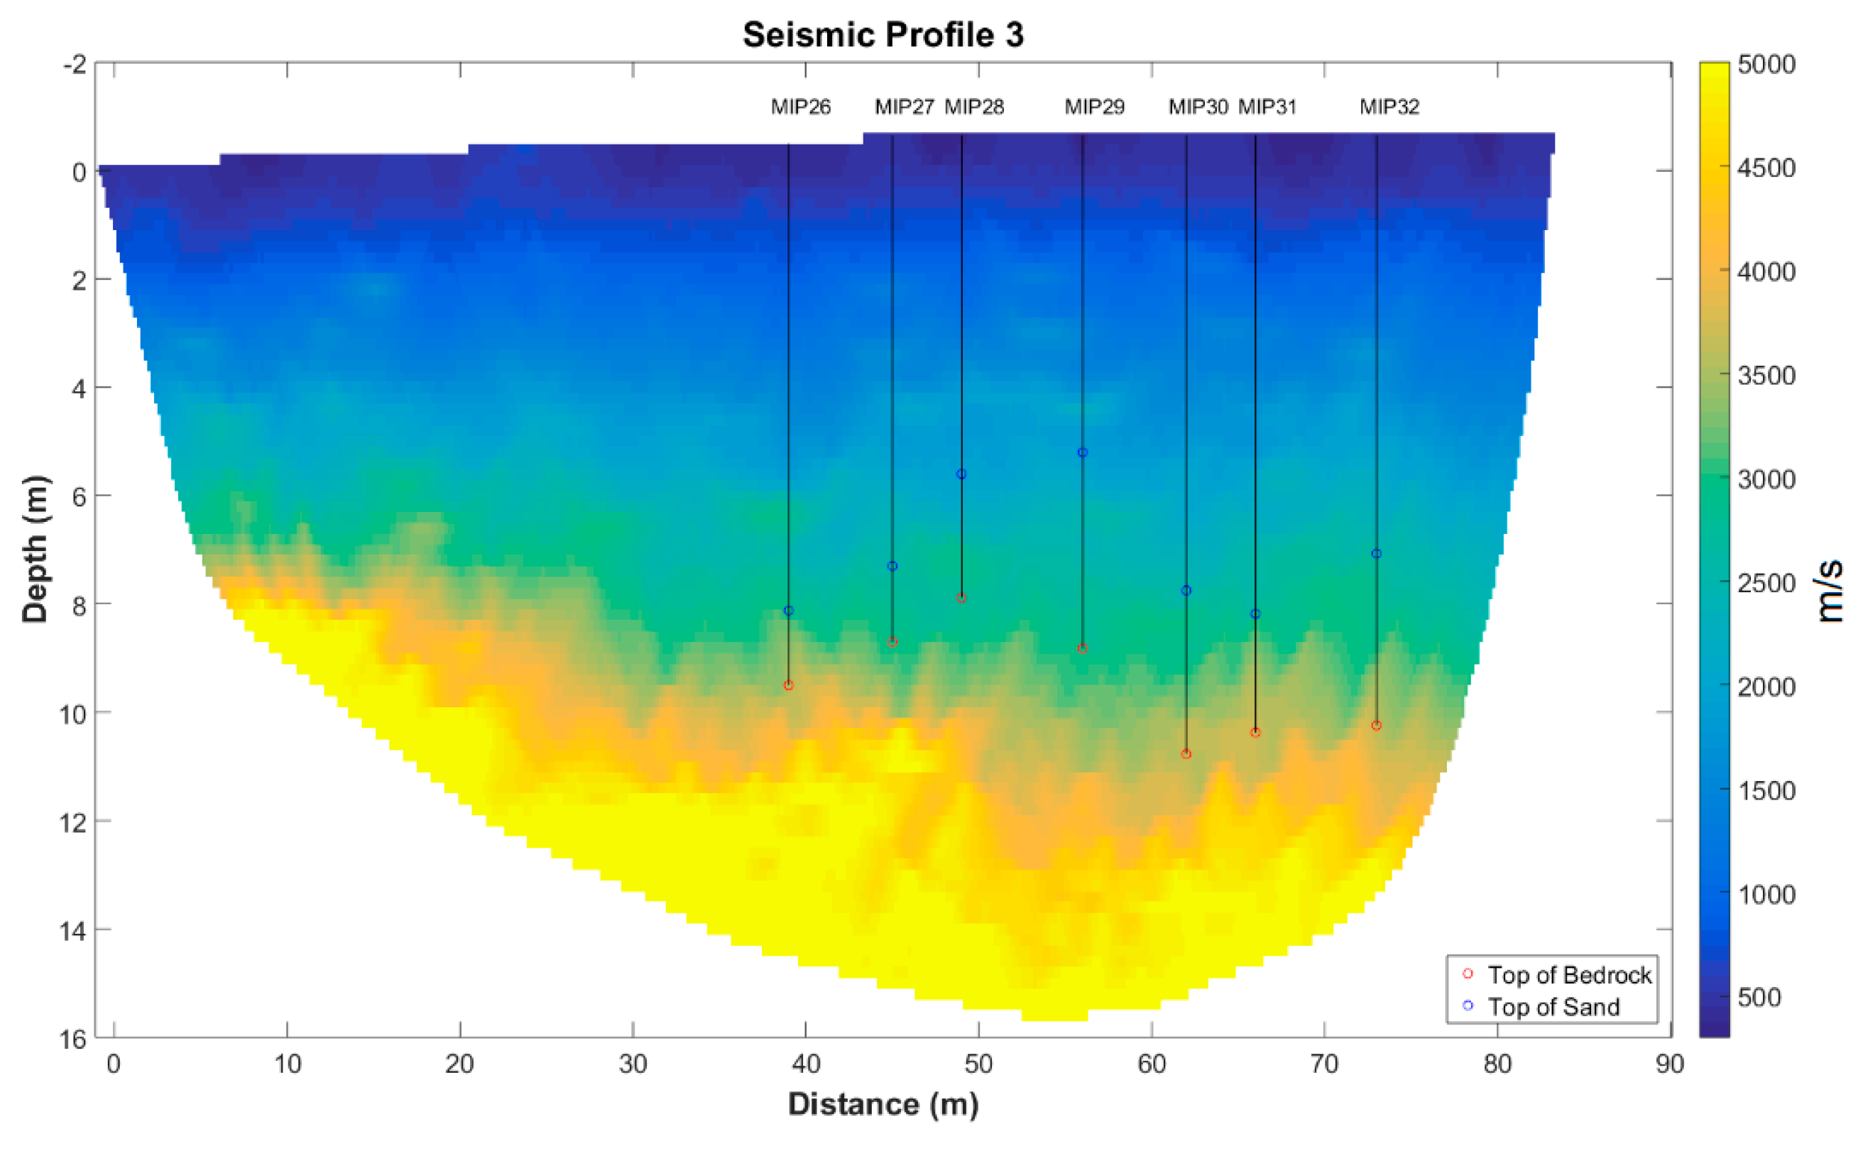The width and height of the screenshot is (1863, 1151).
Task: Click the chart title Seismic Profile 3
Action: point(883,35)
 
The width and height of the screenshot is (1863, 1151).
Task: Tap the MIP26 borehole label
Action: point(801,107)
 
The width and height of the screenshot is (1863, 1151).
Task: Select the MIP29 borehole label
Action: point(1093,107)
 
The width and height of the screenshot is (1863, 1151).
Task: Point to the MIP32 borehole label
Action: point(1389,107)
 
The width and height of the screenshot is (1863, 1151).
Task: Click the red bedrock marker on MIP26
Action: point(788,685)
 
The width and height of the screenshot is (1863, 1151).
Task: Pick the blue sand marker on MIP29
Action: point(1082,452)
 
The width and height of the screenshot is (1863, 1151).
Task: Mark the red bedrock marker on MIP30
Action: point(1186,753)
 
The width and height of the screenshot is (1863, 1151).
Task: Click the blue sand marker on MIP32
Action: point(1376,553)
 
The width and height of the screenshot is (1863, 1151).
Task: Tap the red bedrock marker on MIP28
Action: point(961,598)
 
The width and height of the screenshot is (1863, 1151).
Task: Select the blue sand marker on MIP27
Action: point(892,566)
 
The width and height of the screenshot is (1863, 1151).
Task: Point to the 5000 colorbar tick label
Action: point(1766,64)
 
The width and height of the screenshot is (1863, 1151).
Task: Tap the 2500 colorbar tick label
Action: point(1766,583)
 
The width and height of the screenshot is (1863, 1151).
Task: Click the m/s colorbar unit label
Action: point(1830,591)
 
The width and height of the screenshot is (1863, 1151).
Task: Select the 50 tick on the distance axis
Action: point(978,1064)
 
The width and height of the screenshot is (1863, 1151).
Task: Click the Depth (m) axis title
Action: point(35,549)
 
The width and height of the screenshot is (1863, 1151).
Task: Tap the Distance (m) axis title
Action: point(883,1104)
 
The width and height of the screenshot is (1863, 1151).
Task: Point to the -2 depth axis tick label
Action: point(75,64)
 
